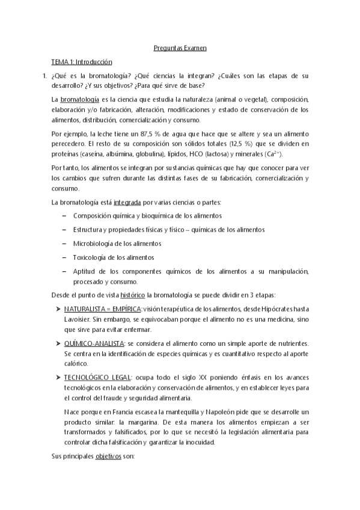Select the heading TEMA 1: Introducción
tap(81, 61)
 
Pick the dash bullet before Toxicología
tap(64, 257)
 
